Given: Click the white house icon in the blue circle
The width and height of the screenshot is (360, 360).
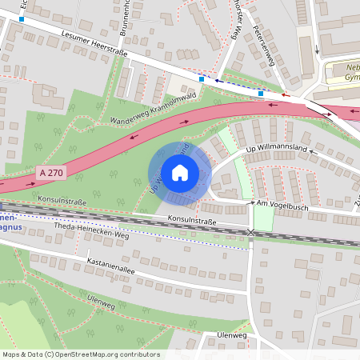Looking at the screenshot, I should [x=179, y=172].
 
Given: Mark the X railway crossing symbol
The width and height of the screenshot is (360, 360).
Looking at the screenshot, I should [x=251, y=232].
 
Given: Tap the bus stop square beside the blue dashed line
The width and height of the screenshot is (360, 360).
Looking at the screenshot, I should [x=202, y=79].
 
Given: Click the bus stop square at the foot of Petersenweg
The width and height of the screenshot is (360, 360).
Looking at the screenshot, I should [x=261, y=93].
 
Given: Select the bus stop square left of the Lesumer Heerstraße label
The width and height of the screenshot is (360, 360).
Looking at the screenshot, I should [x=22, y=18].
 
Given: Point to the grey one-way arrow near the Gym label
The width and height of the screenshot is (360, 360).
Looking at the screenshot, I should [x=317, y=47].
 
